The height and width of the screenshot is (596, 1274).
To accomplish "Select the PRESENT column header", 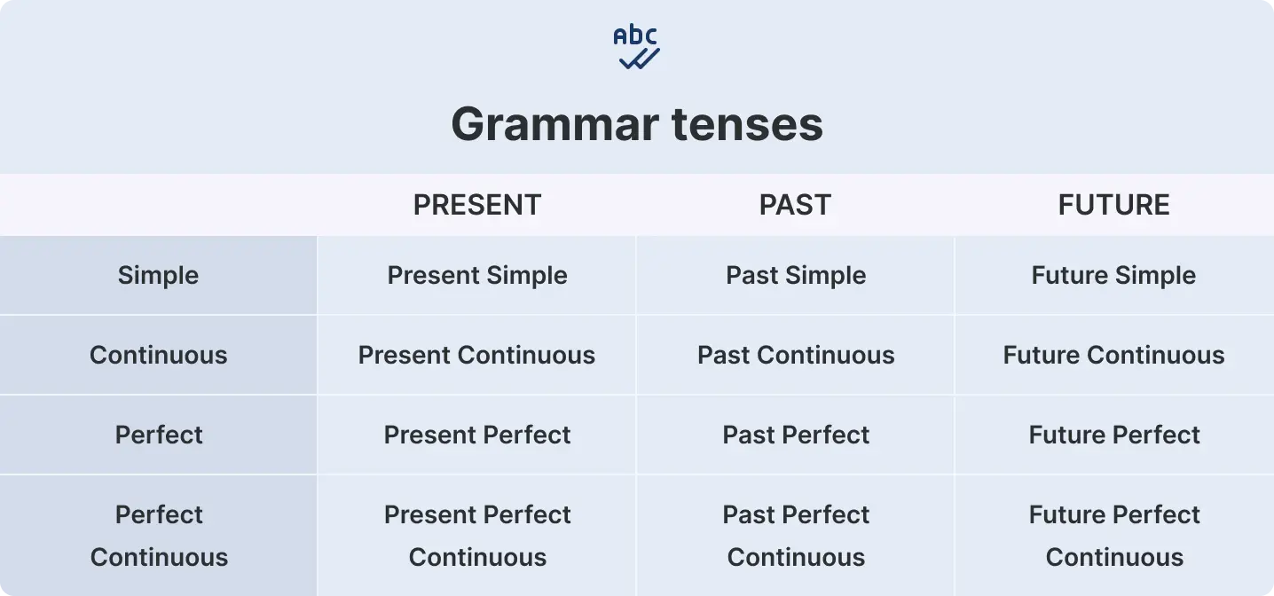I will (477, 205).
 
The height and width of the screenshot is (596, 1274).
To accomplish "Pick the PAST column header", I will (795, 205).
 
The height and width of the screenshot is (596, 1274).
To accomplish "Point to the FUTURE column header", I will (1113, 205).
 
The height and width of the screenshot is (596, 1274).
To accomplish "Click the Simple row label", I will (158, 275).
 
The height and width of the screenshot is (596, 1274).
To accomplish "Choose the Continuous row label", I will (158, 355).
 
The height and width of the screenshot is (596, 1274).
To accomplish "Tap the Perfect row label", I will (159, 435).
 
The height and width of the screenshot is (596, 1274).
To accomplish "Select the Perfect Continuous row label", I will (159, 536).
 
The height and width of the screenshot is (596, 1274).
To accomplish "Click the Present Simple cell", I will (477, 275).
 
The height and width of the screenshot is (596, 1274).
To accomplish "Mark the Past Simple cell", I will (796, 275).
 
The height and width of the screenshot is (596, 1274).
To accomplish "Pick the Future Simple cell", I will (1113, 275).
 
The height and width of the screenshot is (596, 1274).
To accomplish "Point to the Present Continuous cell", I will (476, 355).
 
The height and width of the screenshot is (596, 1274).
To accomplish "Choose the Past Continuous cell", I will (796, 355).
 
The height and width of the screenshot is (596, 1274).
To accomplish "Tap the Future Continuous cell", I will (1113, 355).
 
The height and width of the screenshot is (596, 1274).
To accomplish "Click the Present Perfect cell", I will (477, 435).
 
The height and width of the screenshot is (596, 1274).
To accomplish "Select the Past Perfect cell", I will (796, 435).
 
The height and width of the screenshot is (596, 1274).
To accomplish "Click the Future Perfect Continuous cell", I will (1114, 536).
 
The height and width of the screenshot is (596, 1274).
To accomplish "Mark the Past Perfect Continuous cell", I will (796, 536).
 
